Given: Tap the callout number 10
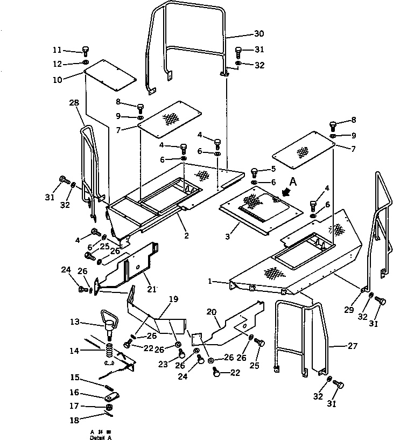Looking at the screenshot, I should click(x=72, y=79).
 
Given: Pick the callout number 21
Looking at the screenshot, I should click(x=152, y=289).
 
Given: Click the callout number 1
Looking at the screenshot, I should click(x=212, y=281).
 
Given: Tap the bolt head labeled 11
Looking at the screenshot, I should click(x=85, y=51).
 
